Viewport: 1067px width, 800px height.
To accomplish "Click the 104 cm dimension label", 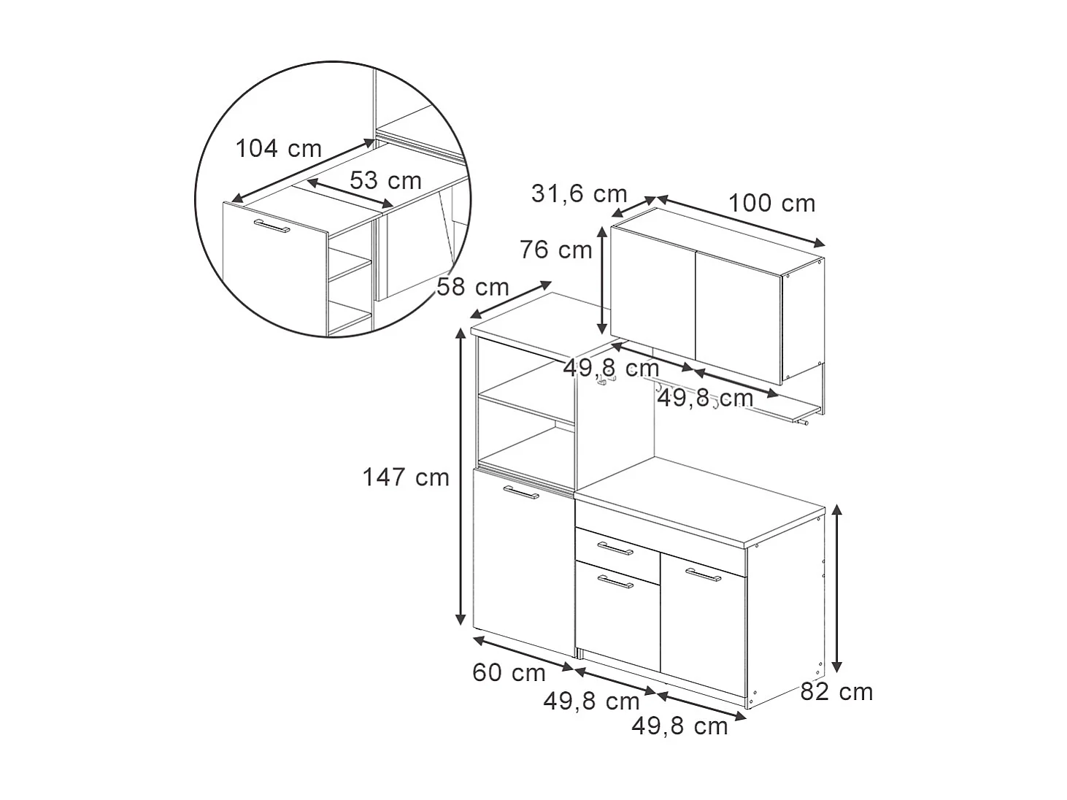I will point(278,149).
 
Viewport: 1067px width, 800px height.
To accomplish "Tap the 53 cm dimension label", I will point(385,180).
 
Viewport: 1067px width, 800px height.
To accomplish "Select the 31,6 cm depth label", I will point(579,194).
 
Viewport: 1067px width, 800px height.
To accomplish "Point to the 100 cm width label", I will point(771,203).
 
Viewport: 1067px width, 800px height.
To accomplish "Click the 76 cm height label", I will point(556,250).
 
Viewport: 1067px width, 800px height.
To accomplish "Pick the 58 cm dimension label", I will point(473,288).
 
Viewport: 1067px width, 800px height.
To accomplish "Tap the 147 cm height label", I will point(406,477).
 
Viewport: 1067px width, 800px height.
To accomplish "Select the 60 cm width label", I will point(509,673).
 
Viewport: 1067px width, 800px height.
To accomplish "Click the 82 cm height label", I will point(836,692).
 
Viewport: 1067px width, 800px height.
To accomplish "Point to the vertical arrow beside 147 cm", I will point(461,477).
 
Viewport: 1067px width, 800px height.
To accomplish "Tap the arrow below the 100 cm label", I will point(741,221).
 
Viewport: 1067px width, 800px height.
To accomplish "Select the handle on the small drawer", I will point(615,548).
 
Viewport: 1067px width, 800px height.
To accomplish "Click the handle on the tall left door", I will point(520,494).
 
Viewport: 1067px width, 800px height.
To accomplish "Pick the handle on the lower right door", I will point(703,576).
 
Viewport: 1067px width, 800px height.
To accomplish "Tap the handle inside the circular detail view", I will point(271,226).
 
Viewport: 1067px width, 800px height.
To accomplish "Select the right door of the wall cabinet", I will point(737,315).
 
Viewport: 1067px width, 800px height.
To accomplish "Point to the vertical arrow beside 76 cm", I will point(602,280).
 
